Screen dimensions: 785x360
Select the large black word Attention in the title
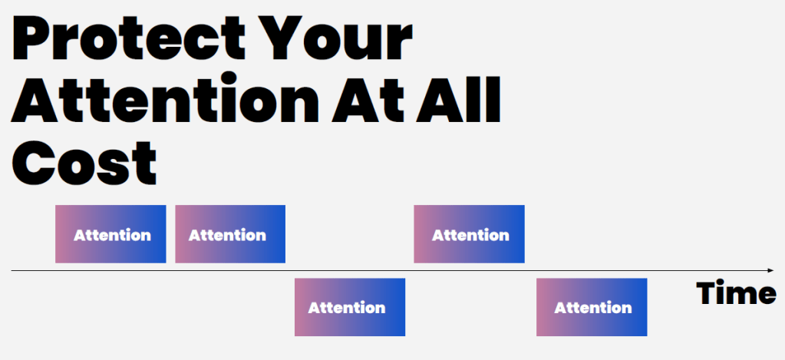pos(165,99)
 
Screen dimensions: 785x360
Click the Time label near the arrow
pos(736,293)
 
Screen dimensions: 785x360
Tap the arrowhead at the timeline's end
pos(771,271)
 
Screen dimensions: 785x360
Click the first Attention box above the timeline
pos(110,234)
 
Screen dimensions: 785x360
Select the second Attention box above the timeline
pos(230,234)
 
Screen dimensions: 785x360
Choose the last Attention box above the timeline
pos(469,234)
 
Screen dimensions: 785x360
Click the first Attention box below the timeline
pos(350,307)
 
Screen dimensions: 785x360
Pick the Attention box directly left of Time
pos(592,307)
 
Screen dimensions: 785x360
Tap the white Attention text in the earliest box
pos(112,235)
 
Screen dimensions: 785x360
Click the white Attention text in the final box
pos(592,308)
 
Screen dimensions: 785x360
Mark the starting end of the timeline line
pos(12,271)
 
